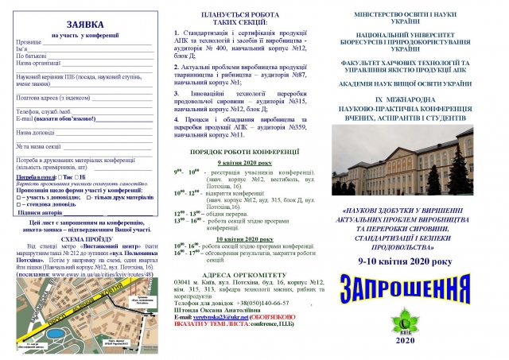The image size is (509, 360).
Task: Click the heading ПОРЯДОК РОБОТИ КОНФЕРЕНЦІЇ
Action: [248, 150]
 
